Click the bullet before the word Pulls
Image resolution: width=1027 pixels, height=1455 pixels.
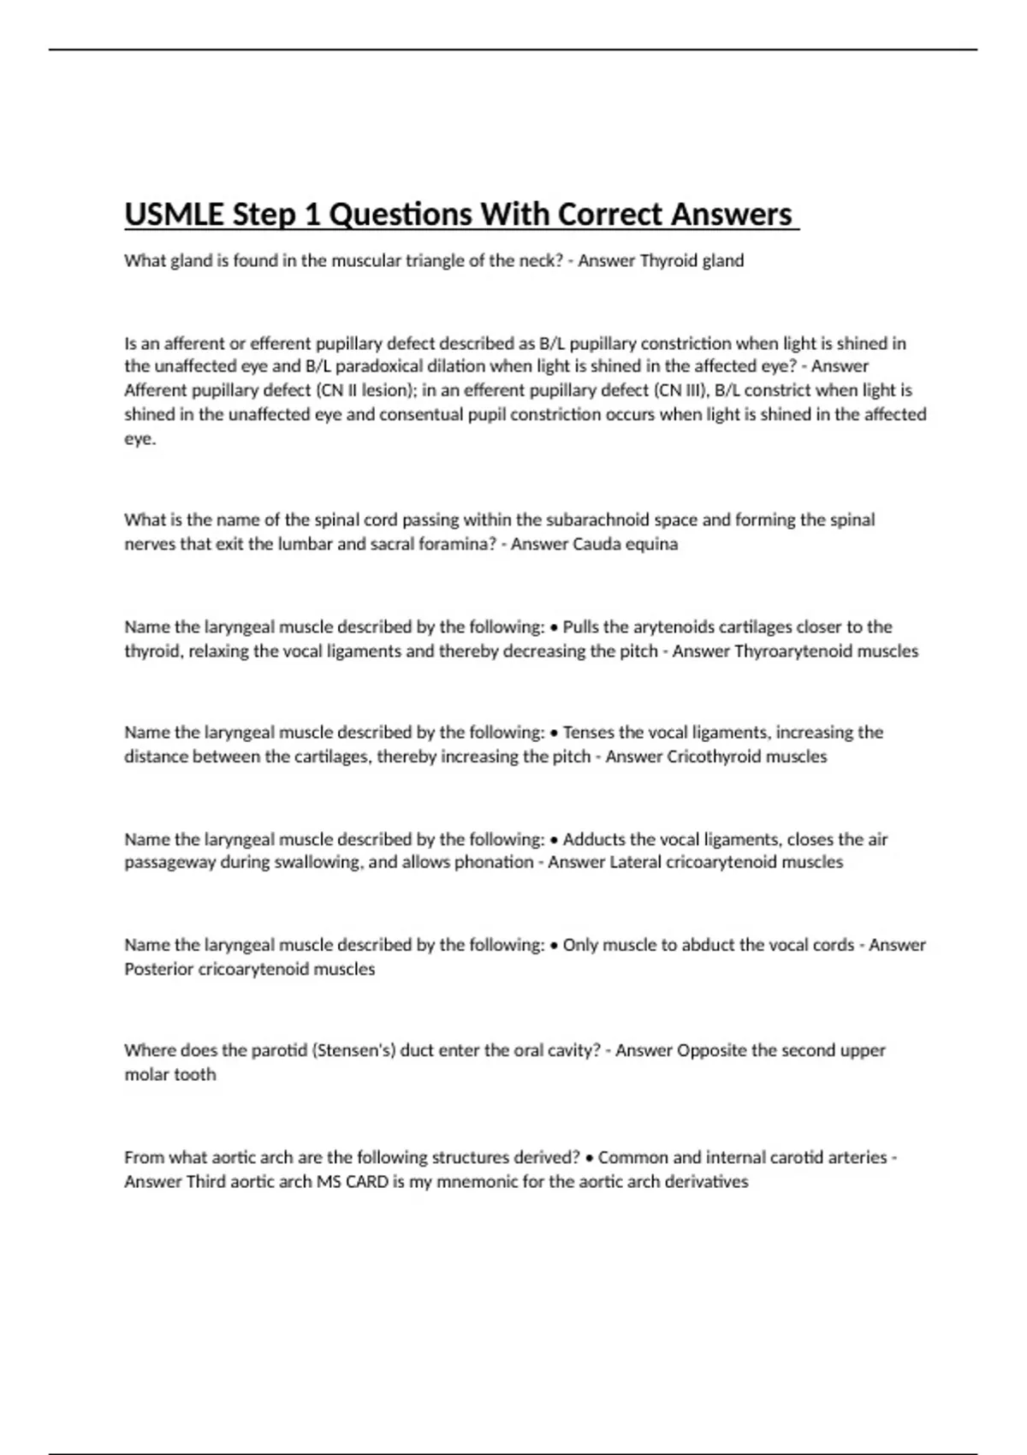click(555, 627)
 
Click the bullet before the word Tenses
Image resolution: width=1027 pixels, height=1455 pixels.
click(555, 733)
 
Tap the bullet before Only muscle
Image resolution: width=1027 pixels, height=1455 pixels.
click(555, 946)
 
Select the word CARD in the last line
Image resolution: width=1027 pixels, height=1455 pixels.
click(367, 1182)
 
